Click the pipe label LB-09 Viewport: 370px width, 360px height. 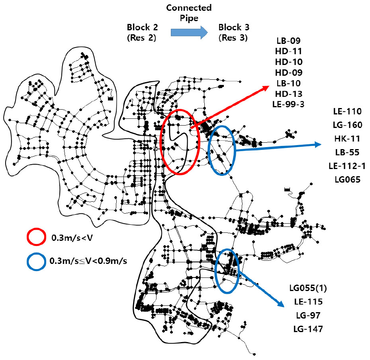pyautogui.click(x=288, y=41)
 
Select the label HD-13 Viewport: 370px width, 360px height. pyautogui.click(x=289, y=94)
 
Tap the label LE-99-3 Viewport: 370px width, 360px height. pyautogui.click(x=288, y=104)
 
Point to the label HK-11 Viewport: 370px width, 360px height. pyautogui.click(x=347, y=138)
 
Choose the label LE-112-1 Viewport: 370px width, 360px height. pyautogui.click(x=347, y=166)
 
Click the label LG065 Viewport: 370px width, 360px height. pyautogui.click(x=348, y=179)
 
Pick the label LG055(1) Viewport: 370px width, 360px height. pyautogui.click(x=308, y=288)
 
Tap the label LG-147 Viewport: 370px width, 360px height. pyautogui.click(x=308, y=329)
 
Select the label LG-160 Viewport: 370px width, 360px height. pyautogui.click(x=347, y=125)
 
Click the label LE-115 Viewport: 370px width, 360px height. pyautogui.click(x=308, y=302)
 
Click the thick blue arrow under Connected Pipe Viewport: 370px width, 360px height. pyautogui.click(x=189, y=32)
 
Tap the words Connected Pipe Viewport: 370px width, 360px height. pyautogui.click(x=189, y=13)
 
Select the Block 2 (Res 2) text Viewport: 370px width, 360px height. pyautogui.click(x=142, y=32)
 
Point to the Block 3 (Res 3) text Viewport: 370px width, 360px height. pyautogui.click(x=234, y=32)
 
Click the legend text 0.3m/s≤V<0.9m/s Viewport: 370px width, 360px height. pyautogui.click(x=88, y=261)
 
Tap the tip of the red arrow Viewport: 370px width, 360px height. pyautogui.click(x=269, y=86)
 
